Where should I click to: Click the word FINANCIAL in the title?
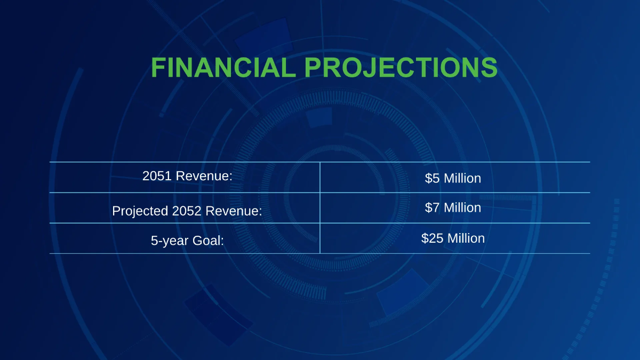point(223,67)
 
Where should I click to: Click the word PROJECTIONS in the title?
point(401,67)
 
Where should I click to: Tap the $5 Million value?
point(453,178)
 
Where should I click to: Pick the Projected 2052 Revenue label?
point(187,211)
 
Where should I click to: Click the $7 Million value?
point(453,207)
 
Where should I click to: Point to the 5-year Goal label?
point(187,241)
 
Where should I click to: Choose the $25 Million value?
point(453,238)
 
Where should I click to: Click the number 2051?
point(157,176)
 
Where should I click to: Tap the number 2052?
point(187,211)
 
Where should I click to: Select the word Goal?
point(208,241)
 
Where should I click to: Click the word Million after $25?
point(466,238)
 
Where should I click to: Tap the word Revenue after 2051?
point(204,176)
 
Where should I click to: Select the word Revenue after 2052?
point(234,211)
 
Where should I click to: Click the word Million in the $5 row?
point(462,178)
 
